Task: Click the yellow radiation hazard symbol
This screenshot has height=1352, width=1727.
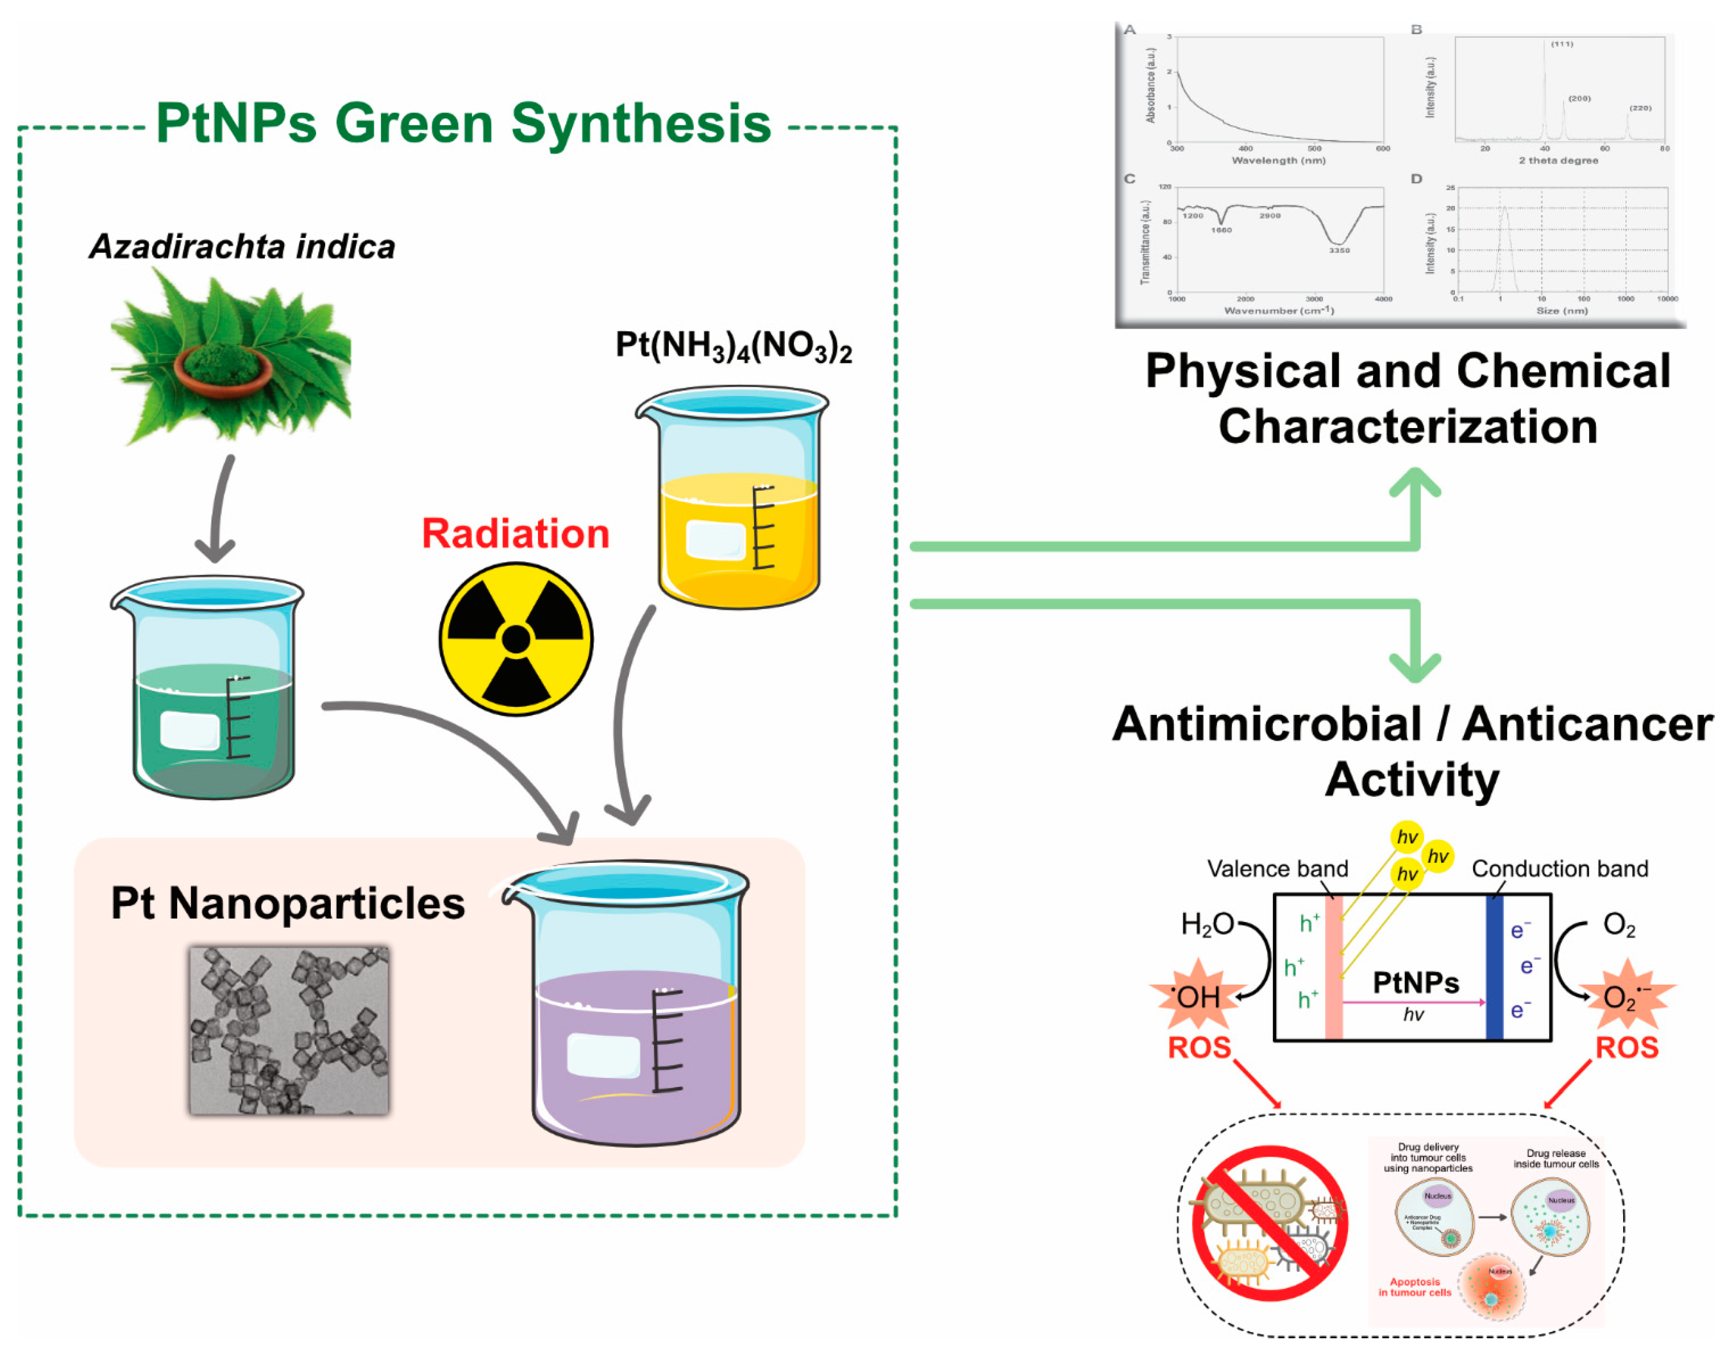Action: [516, 639]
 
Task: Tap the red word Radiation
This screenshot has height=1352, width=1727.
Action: [515, 533]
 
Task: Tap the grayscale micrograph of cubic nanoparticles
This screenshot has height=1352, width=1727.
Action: [289, 1031]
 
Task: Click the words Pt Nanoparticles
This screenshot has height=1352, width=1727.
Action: [288, 903]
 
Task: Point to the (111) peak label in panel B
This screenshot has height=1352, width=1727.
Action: [1562, 45]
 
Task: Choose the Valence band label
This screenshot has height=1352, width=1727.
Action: [1277, 868]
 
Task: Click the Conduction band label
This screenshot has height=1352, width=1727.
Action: [1559, 868]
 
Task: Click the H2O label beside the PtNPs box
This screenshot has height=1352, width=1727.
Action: [1207, 924]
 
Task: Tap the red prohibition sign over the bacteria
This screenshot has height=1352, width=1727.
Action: [1270, 1223]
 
